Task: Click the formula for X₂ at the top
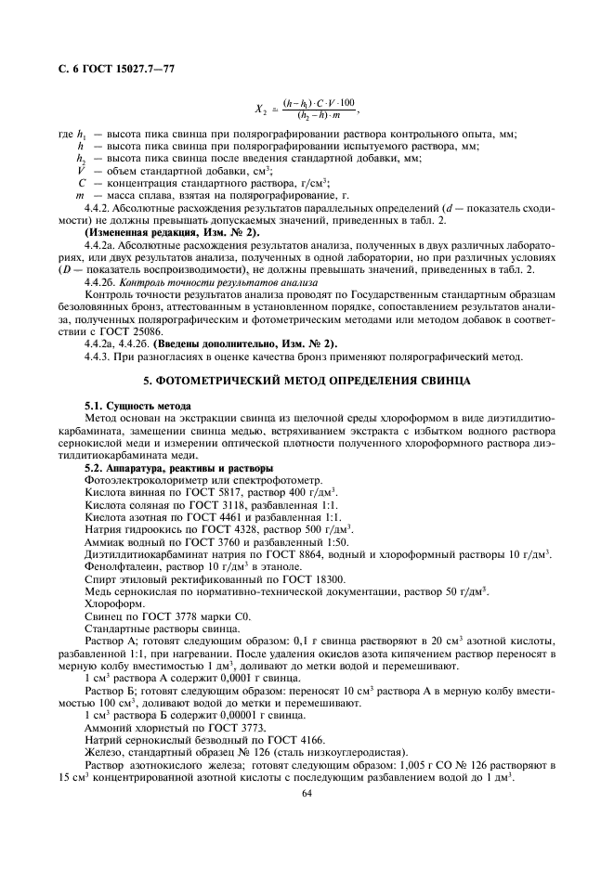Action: [x=307, y=109]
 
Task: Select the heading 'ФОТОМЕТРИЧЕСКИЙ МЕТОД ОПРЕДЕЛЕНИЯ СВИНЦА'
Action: [x=307, y=382]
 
